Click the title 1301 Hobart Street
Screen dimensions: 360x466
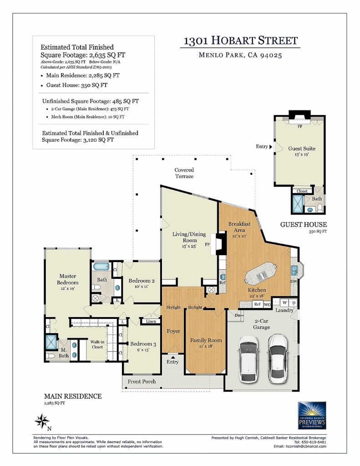click(240, 41)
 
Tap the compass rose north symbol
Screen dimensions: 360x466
click(42, 421)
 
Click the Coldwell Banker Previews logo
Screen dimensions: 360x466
click(312, 415)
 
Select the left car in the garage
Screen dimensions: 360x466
click(248, 359)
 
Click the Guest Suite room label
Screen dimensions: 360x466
click(301, 151)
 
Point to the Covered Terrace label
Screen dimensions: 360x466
click(184, 173)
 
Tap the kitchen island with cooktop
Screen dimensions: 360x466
click(261, 273)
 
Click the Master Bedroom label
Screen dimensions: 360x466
click(68, 282)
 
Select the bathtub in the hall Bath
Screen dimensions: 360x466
click(101, 266)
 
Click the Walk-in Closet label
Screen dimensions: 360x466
click(97, 344)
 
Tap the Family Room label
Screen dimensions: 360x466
click(206, 343)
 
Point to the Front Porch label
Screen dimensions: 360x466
click(142, 381)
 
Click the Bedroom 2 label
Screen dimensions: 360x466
click(142, 283)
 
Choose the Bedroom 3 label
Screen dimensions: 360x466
click(143, 346)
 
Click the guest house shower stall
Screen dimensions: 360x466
click(298, 203)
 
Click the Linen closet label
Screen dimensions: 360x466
click(151, 321)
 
